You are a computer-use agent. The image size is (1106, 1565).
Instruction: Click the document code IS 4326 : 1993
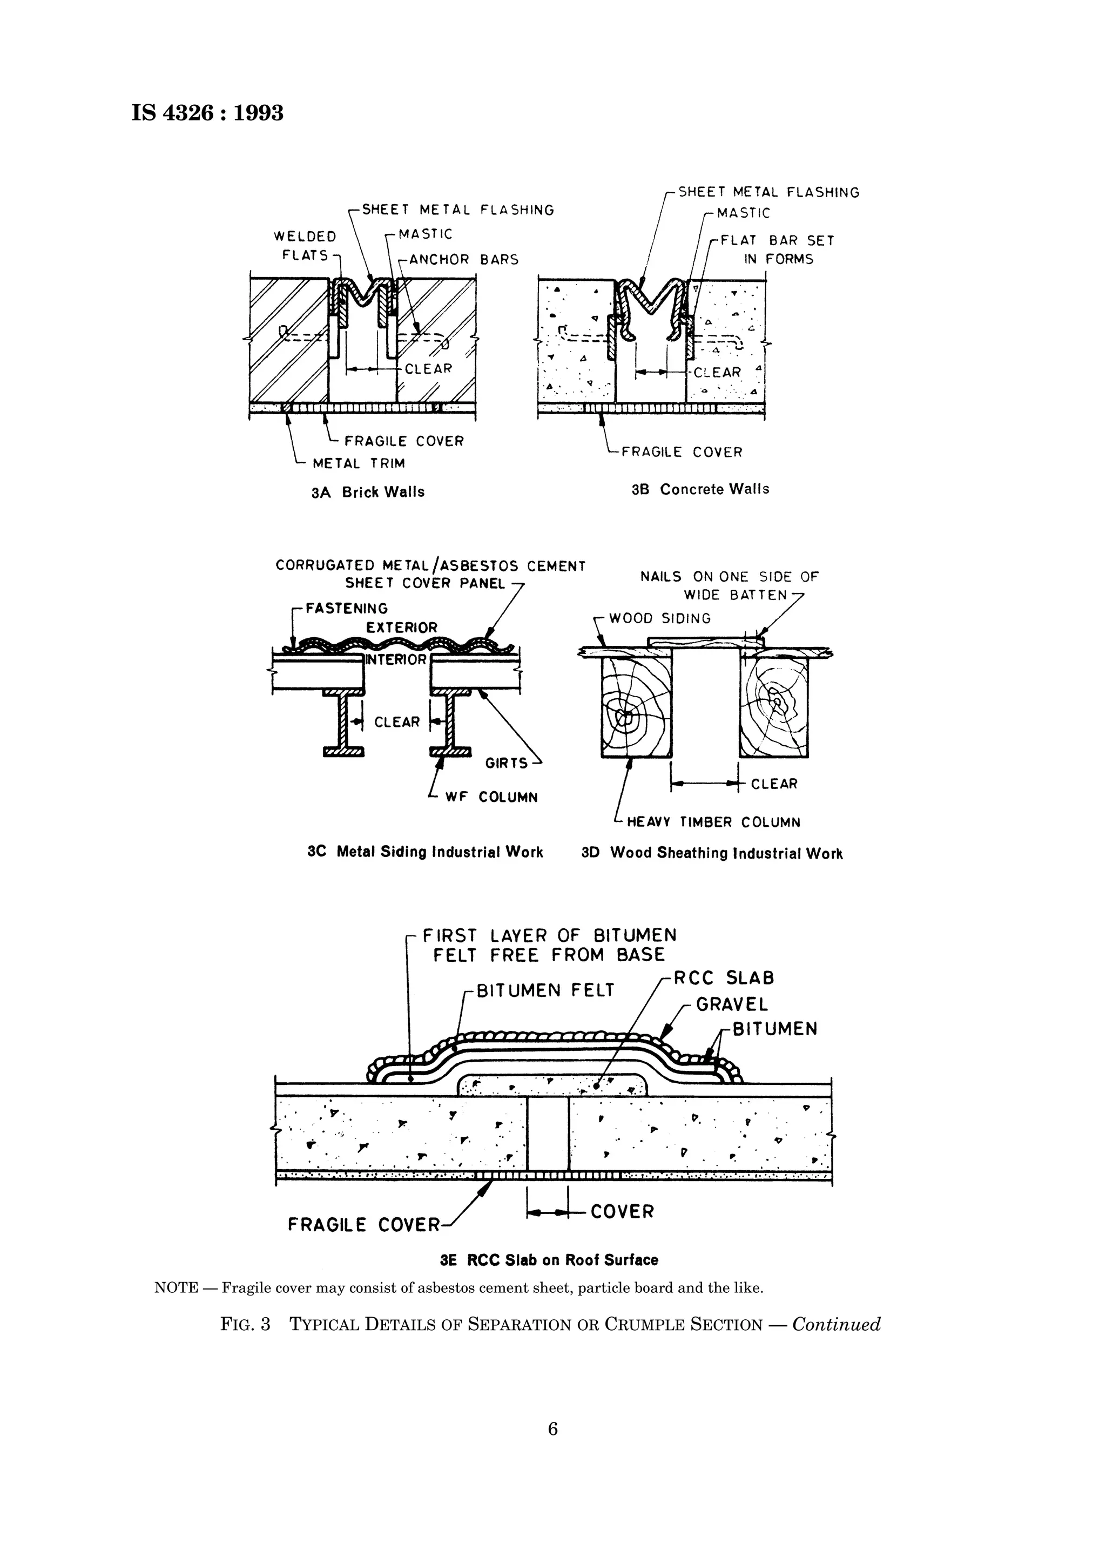[x=207, y=112]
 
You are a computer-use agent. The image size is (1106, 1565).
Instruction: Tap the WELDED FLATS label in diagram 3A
[x=305, y=246]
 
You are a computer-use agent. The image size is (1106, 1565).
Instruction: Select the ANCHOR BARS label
[x=463, y=260]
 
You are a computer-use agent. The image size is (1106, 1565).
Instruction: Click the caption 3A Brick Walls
[x=367, y=492]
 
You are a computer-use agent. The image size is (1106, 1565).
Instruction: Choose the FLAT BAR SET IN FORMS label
[x=778, y=249]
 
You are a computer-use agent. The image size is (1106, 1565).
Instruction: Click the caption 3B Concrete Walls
[x=700, y=489]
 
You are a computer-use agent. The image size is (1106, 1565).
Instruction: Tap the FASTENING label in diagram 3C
[x=346, y=608]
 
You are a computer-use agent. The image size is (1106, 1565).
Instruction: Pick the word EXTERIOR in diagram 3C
[x=401, y=627]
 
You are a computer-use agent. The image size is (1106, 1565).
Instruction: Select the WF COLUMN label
[x=491, y=798]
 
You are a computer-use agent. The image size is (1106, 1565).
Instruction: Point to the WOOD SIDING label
[x=659, y=618]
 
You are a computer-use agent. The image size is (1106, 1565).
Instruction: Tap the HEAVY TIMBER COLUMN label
[x=713, y=822]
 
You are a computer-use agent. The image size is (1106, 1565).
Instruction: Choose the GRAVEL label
[x=731, y=1004]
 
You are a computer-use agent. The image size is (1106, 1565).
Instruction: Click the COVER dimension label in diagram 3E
[x=622, y=1211]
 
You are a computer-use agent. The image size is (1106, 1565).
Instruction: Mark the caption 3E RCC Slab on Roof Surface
[x=549, y=1260]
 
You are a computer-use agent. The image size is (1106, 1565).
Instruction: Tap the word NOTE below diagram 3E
[x=176, y=1289]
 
